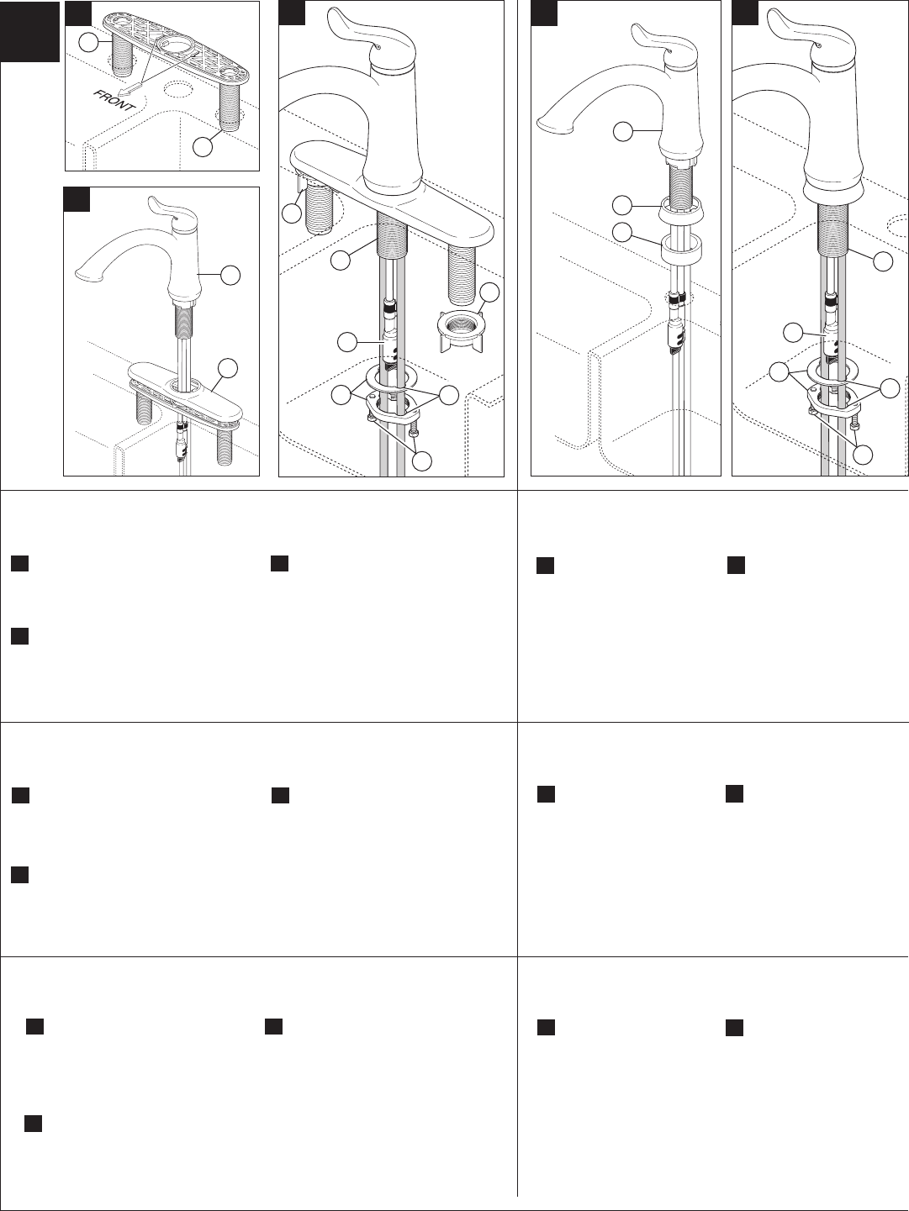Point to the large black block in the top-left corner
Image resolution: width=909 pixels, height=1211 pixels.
[30, 31]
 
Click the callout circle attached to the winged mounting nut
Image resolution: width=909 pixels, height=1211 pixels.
[489, 293]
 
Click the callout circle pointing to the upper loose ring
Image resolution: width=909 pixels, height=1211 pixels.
[621, 203]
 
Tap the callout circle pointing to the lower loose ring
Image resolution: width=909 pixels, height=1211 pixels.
[621, 232]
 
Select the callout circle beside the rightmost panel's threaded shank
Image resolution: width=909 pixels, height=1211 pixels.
[882, 261]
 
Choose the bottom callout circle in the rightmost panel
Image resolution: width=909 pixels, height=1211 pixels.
[861, 454]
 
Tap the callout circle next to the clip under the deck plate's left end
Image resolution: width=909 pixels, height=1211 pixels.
[291, 213]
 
